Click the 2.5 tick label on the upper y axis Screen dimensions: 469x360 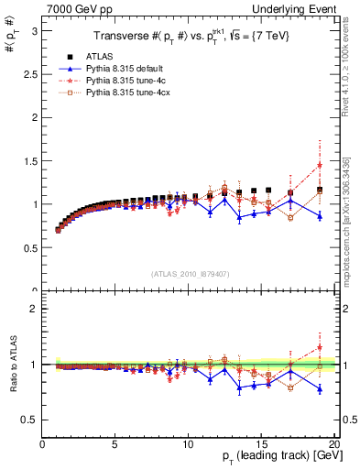click(x=29, y=73)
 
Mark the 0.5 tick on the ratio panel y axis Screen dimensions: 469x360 click(x=29, y=420)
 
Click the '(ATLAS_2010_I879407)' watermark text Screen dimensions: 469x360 click(x=191, y=273)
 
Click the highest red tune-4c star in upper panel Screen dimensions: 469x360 click(x=320, y=165)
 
